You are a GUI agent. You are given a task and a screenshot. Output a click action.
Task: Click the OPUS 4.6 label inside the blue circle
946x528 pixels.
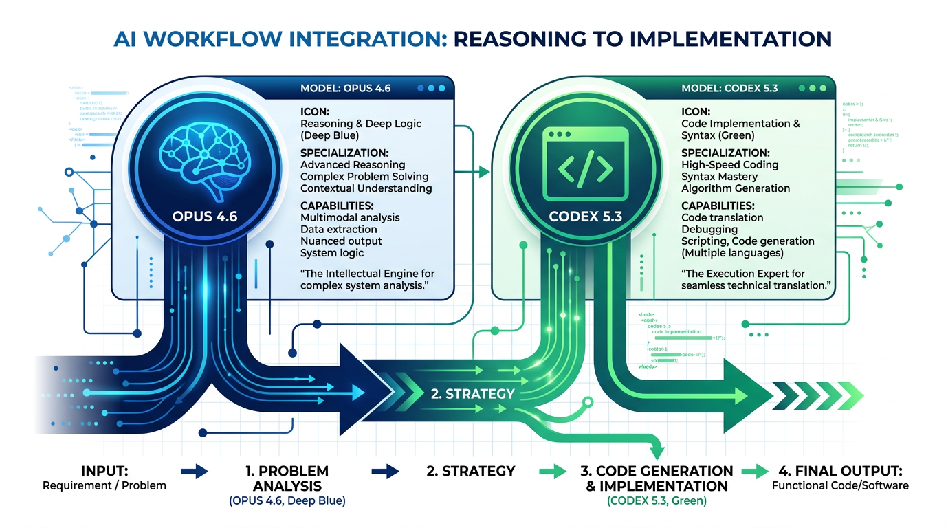point(204,217)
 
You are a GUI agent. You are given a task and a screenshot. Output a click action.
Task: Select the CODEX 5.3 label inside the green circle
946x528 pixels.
point(585,217)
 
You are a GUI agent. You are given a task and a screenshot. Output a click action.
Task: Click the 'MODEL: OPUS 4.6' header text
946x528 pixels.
point(346,89)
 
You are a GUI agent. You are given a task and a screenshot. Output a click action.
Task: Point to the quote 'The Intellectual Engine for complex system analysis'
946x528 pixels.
point(367,279)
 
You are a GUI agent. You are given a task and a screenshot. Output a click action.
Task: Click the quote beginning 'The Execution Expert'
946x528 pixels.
point(753,279)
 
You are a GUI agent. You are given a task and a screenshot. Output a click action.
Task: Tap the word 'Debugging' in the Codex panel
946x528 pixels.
point(709,229)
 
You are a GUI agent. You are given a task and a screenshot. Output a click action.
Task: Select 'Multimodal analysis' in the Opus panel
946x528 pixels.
point(350,217)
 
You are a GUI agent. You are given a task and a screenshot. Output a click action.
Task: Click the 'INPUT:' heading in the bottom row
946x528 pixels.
point(104,471)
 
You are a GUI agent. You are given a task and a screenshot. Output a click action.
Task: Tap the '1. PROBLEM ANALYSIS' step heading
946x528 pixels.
point(287,478)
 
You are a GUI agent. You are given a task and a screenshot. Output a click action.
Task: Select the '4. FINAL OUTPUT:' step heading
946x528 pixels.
point(839,471)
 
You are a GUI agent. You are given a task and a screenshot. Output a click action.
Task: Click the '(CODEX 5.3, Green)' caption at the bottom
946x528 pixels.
point(657,501)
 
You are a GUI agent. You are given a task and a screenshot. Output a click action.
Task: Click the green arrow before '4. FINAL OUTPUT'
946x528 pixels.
point(754,472)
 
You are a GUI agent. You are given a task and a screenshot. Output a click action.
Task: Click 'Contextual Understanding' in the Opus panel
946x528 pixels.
point(366,188)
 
